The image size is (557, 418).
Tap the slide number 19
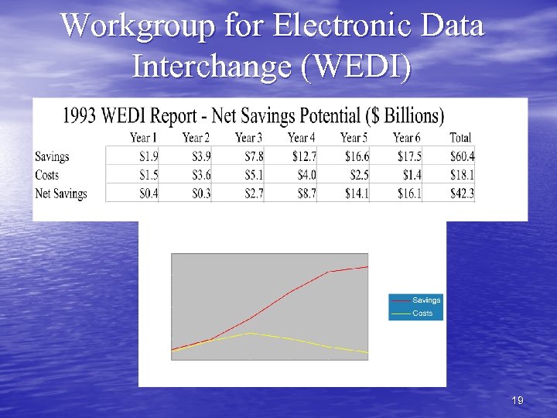point(518,400)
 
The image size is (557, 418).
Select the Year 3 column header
point(248,138)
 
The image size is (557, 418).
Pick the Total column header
point(460,138)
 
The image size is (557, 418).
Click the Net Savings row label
point(61,194)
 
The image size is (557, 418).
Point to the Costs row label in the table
point(47,175)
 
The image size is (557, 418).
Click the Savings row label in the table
point(52,156)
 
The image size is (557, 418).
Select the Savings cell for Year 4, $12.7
point(302,156)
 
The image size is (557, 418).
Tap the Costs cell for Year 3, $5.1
point(253,175)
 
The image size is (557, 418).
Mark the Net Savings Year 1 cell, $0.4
point(147,194)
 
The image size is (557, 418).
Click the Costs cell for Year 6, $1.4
point(411,175)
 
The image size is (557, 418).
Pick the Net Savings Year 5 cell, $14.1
point(355,194)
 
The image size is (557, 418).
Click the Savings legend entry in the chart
point(426,300)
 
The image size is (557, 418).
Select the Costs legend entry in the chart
point(422,313)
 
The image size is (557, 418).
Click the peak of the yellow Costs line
point(251,333)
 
